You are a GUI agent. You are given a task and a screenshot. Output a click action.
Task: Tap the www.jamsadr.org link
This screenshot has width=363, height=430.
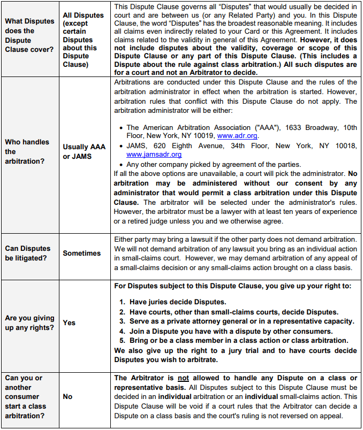[154, 155]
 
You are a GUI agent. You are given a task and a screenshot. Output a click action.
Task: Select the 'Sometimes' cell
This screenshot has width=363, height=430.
[81, 253]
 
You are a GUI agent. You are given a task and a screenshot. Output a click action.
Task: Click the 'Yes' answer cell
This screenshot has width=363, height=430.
[69, 323]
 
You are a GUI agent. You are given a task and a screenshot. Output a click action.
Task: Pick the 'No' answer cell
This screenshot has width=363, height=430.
[67, 396]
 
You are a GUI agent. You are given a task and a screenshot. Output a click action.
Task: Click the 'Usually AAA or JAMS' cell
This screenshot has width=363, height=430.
[84, 151]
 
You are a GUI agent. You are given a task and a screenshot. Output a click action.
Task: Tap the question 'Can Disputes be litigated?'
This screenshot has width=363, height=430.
[28, 253]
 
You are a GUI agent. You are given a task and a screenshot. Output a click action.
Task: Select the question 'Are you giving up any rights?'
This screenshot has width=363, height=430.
[30, 322]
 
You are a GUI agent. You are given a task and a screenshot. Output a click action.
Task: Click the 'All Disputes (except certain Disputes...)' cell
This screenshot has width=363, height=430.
[83, 40]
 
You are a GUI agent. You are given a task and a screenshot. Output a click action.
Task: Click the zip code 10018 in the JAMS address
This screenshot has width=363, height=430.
[341, 145]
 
